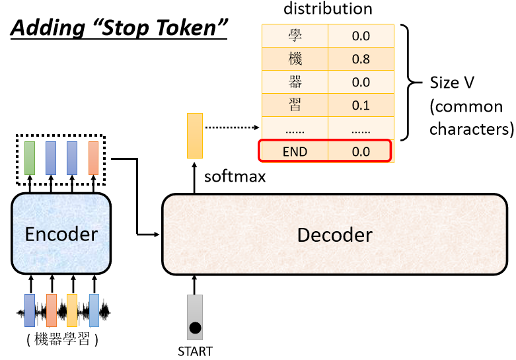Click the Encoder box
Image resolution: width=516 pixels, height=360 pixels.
(61, 233)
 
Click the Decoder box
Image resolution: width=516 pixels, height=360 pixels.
(335, 234)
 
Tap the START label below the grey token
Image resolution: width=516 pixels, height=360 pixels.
(195, 351)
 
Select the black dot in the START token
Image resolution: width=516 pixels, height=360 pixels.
(195, 328)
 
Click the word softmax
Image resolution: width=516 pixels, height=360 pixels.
(235, 177)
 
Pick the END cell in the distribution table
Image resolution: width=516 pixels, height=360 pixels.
(295, 151)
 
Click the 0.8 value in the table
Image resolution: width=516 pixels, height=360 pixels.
(361, 59)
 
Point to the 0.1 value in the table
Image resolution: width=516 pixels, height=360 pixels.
(361, 105)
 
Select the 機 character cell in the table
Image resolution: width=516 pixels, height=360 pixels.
(295, 59)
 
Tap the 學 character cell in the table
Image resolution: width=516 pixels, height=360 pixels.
(295, 36)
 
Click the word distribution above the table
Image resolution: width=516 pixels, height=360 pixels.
(328, 8)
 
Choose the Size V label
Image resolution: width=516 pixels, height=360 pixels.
(452, 83)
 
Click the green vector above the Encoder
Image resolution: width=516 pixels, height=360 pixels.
(30, 158)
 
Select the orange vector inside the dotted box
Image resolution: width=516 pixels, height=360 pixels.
(93, 158)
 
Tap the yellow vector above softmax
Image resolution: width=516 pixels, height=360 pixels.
(195, 135)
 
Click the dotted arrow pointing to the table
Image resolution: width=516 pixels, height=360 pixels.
(233, 127)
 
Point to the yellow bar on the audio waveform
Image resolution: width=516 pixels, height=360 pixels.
(72, 310)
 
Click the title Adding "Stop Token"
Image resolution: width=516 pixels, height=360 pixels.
(119, 28)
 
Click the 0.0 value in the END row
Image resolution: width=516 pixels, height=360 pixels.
(361, 151)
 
